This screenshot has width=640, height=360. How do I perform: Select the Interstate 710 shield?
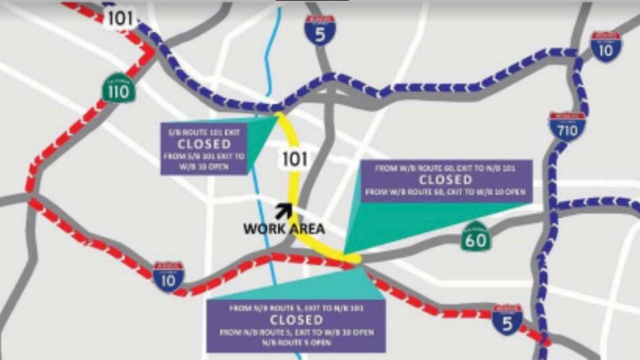[x=567, y=126]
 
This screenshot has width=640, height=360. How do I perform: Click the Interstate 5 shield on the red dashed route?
[x=507, y=319]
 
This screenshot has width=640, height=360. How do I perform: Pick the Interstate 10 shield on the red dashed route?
[x=168, y=276]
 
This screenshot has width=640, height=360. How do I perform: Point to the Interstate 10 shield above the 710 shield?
[x=606, y=46]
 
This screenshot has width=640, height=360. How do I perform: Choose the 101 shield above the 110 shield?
[x=120, y=18]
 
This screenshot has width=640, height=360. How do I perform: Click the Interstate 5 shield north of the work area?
[x=320, y=30]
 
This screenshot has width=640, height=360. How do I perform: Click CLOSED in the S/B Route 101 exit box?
[x=204, y=144]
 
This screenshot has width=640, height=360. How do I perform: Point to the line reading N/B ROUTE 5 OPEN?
[x=296, y=343]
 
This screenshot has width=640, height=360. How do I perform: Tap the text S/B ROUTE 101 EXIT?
[x=204, y=133]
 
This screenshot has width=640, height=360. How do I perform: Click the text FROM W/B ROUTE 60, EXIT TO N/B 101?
[x=445, y=168]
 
